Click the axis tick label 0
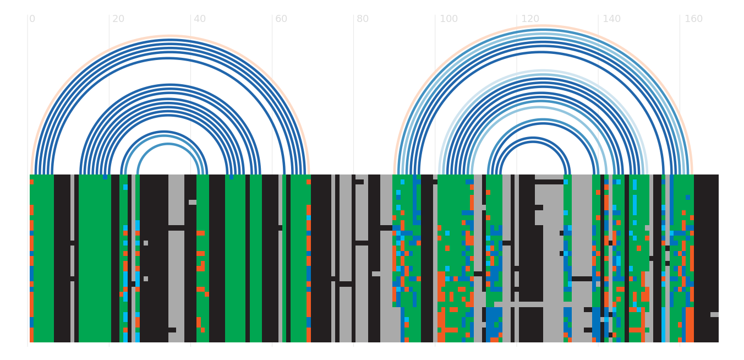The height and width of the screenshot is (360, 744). [x=32, y=19]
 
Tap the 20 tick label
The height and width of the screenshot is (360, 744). [x=118, y=19]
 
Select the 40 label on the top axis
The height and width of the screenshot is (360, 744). [x=200, y=19]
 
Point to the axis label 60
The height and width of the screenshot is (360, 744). [x=281, y=19]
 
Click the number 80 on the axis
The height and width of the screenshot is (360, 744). [x=362, y=19]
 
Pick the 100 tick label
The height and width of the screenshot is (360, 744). [x=448, y=19]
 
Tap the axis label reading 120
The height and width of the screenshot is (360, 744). [x=530, y=19]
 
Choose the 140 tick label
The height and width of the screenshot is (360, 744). [x=612, y=19]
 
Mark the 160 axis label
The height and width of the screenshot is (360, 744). [x=693, y=19]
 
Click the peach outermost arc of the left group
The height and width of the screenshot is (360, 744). [x=169, y=36]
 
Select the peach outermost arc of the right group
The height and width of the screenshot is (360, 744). [x=543, y=25]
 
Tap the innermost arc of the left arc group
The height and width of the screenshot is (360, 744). [x=168, y=144]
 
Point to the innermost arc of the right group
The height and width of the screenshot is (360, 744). [x=533, y=142]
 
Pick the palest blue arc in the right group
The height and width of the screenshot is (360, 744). [x=543, y=70]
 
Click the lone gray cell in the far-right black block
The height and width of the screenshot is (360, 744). [x=714, y=314]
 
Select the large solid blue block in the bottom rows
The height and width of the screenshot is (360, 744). [x=494, y=319]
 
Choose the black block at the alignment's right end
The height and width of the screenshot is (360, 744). [x=706, y=258]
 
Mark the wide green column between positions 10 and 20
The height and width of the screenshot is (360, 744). [x=95, y=258]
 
